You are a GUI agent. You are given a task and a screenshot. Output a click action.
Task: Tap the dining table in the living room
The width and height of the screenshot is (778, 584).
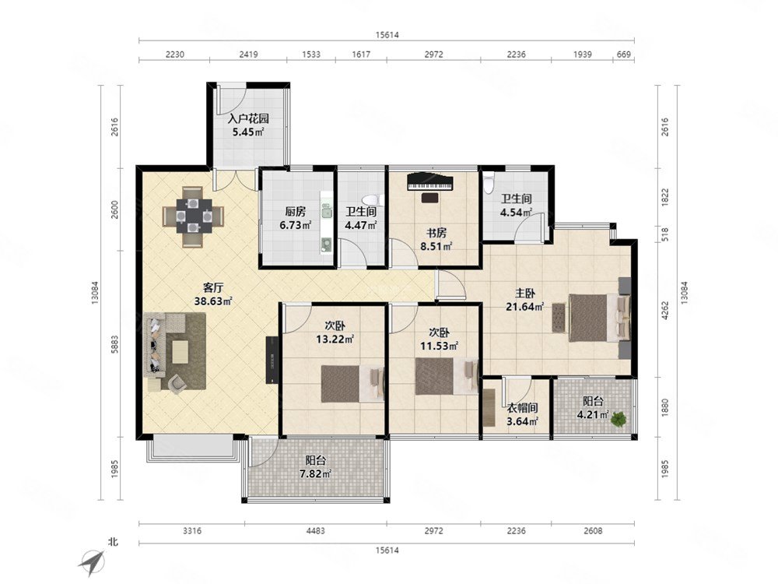[194, 216]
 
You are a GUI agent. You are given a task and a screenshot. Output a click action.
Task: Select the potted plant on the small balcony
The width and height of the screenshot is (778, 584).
[618, 419]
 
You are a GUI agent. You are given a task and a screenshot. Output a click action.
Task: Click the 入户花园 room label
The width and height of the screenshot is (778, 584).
[248, 118]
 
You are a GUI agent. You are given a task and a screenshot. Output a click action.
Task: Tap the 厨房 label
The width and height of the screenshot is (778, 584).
[295, 212]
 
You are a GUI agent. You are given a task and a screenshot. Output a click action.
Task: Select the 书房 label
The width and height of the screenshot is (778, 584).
[436, 233]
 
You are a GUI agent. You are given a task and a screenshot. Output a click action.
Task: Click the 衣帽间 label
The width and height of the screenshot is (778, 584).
[523, 408]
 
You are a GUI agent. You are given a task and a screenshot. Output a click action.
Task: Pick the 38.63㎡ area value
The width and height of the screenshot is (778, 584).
[213, 301]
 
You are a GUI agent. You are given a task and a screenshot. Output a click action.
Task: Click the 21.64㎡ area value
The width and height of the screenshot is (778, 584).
[524, 307]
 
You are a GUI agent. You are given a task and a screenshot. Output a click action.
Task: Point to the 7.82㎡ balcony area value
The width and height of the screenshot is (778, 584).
[315, 473]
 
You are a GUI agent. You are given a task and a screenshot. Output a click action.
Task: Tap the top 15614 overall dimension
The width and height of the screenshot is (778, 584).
[387, 35]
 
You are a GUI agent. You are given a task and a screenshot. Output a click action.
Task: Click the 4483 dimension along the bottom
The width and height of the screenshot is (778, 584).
[315, 531]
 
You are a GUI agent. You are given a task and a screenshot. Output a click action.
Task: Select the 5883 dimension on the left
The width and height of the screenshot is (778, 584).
[114, 343]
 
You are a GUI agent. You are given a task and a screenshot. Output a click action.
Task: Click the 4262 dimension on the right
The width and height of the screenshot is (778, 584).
[665, 310]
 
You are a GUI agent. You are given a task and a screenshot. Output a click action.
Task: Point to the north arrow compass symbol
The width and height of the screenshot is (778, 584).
[93, 560]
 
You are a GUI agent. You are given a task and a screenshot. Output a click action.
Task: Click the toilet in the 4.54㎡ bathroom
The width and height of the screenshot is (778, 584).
[489, 181]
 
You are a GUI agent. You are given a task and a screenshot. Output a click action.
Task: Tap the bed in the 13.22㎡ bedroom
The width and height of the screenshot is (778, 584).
[352, 384]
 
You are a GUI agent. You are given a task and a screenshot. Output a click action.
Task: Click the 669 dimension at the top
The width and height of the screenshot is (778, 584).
[623, 55]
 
